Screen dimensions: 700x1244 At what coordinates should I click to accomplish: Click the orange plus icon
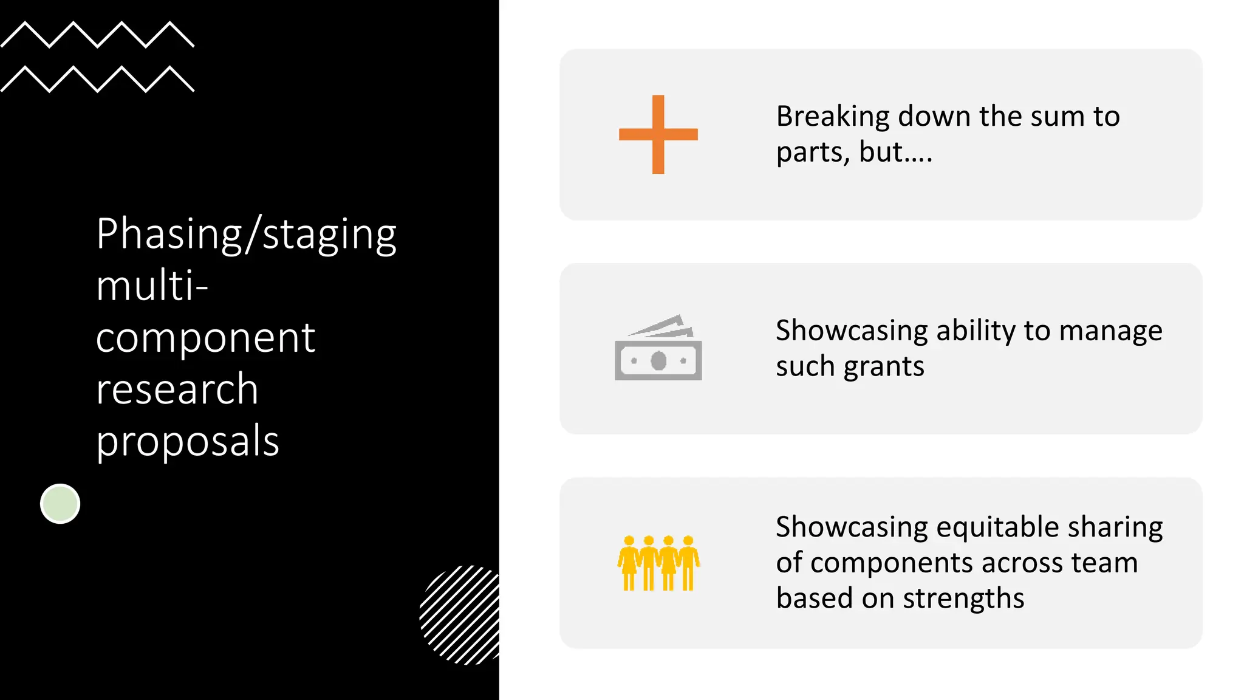click(x=658, y=134)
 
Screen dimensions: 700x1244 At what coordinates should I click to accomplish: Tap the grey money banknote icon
click(x=658, y=350)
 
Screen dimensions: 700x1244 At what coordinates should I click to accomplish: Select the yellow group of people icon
click(x=658, y=563)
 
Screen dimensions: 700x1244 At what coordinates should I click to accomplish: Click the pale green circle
click(x=60, y=504)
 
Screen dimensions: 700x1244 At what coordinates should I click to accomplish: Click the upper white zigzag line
click(x=97, y=35)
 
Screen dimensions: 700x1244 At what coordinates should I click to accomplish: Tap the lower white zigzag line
click(x=97, y=79)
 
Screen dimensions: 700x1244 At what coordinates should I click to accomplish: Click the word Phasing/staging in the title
click(x=246, y=235)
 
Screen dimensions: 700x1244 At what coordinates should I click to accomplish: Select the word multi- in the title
click(x=152, y=286)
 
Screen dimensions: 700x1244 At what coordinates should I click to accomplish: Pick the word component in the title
click(x=205, y=338)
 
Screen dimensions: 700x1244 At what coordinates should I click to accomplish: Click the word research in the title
click(x=177, y=389)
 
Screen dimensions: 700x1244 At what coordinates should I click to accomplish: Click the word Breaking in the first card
click(x=833, y=117)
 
